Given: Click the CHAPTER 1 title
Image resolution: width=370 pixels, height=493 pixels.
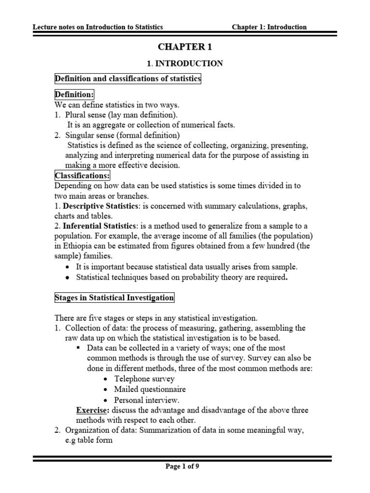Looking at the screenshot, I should point(185,47).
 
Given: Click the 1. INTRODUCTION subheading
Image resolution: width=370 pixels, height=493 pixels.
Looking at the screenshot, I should point(185,63).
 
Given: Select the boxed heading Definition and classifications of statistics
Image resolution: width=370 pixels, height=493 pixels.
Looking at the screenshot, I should point(128,79).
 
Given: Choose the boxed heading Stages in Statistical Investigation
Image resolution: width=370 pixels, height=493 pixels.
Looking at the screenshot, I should point(114,298).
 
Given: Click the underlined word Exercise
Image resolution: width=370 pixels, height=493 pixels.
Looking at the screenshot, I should point(92,410).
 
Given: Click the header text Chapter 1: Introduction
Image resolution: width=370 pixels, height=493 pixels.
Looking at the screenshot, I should point(269,27).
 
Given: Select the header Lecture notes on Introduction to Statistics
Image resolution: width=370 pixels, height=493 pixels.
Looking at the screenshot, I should point(98,27).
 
